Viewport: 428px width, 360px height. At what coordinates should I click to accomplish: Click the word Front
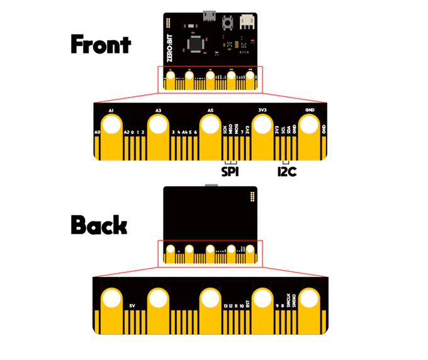coord(100,45)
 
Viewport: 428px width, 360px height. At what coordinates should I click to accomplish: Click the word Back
coord(99,225)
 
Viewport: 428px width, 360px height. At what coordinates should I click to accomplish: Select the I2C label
coord(287,171)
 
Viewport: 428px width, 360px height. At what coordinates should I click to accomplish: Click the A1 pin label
coord(111,110)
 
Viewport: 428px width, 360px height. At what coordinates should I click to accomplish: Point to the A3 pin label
coord(159,110)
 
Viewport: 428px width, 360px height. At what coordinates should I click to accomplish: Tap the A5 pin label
coord(211,110)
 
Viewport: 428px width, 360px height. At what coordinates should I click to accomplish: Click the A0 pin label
coord(98,132)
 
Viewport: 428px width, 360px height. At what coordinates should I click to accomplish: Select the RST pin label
coord(248,303)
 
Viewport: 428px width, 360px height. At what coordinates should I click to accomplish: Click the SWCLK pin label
coord(289,301)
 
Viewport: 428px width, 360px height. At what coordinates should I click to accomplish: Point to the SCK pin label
coord(225,130)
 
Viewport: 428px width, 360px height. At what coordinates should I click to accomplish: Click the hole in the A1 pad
coord(111,125)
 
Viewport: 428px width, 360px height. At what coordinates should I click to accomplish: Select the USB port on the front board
coord(208,14)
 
